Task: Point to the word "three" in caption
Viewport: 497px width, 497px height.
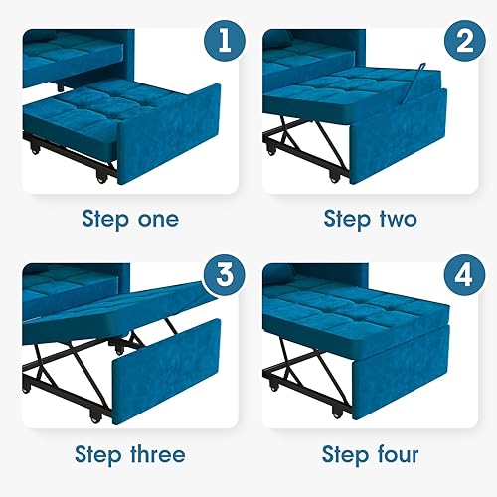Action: (155, 455)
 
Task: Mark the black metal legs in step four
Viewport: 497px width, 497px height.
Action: (298, 368)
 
